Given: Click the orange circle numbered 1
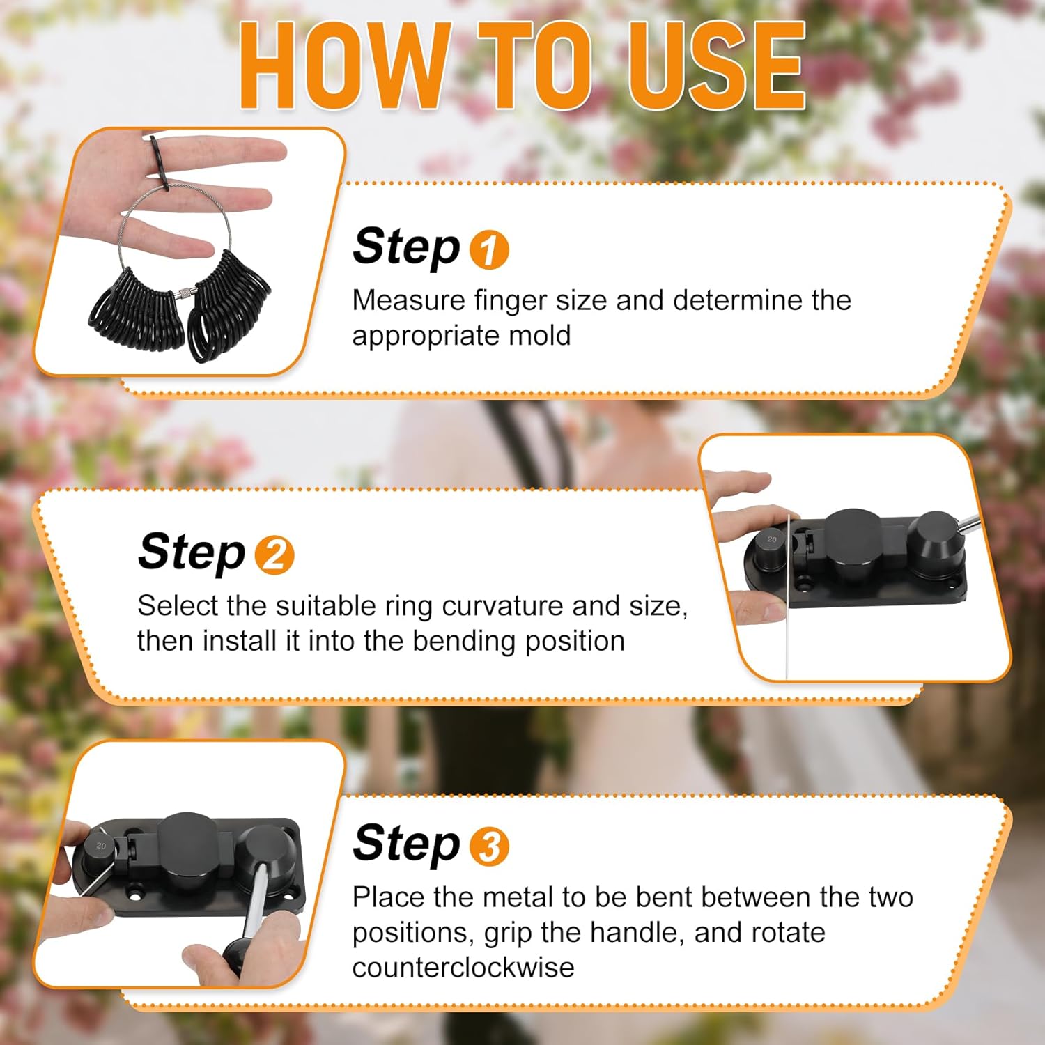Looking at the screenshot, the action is pyautogui.click(x=489, y=249).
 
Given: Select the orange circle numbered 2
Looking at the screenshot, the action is pyautogui.click(x=274, y=555).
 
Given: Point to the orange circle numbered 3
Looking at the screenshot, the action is pyautogui.click(x=489, y=846).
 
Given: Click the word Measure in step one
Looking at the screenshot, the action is pyautogui.click(x=409, y=300).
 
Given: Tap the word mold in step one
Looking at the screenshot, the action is pyautogui.click(x=540, y=336).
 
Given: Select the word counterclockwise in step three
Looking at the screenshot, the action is pyautogui.click(x=463, y=967).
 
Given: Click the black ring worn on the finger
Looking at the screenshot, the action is pyautogui.click(x=159, y=162).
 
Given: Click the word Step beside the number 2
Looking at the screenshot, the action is pyautogui.click(x=192, y=552).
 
